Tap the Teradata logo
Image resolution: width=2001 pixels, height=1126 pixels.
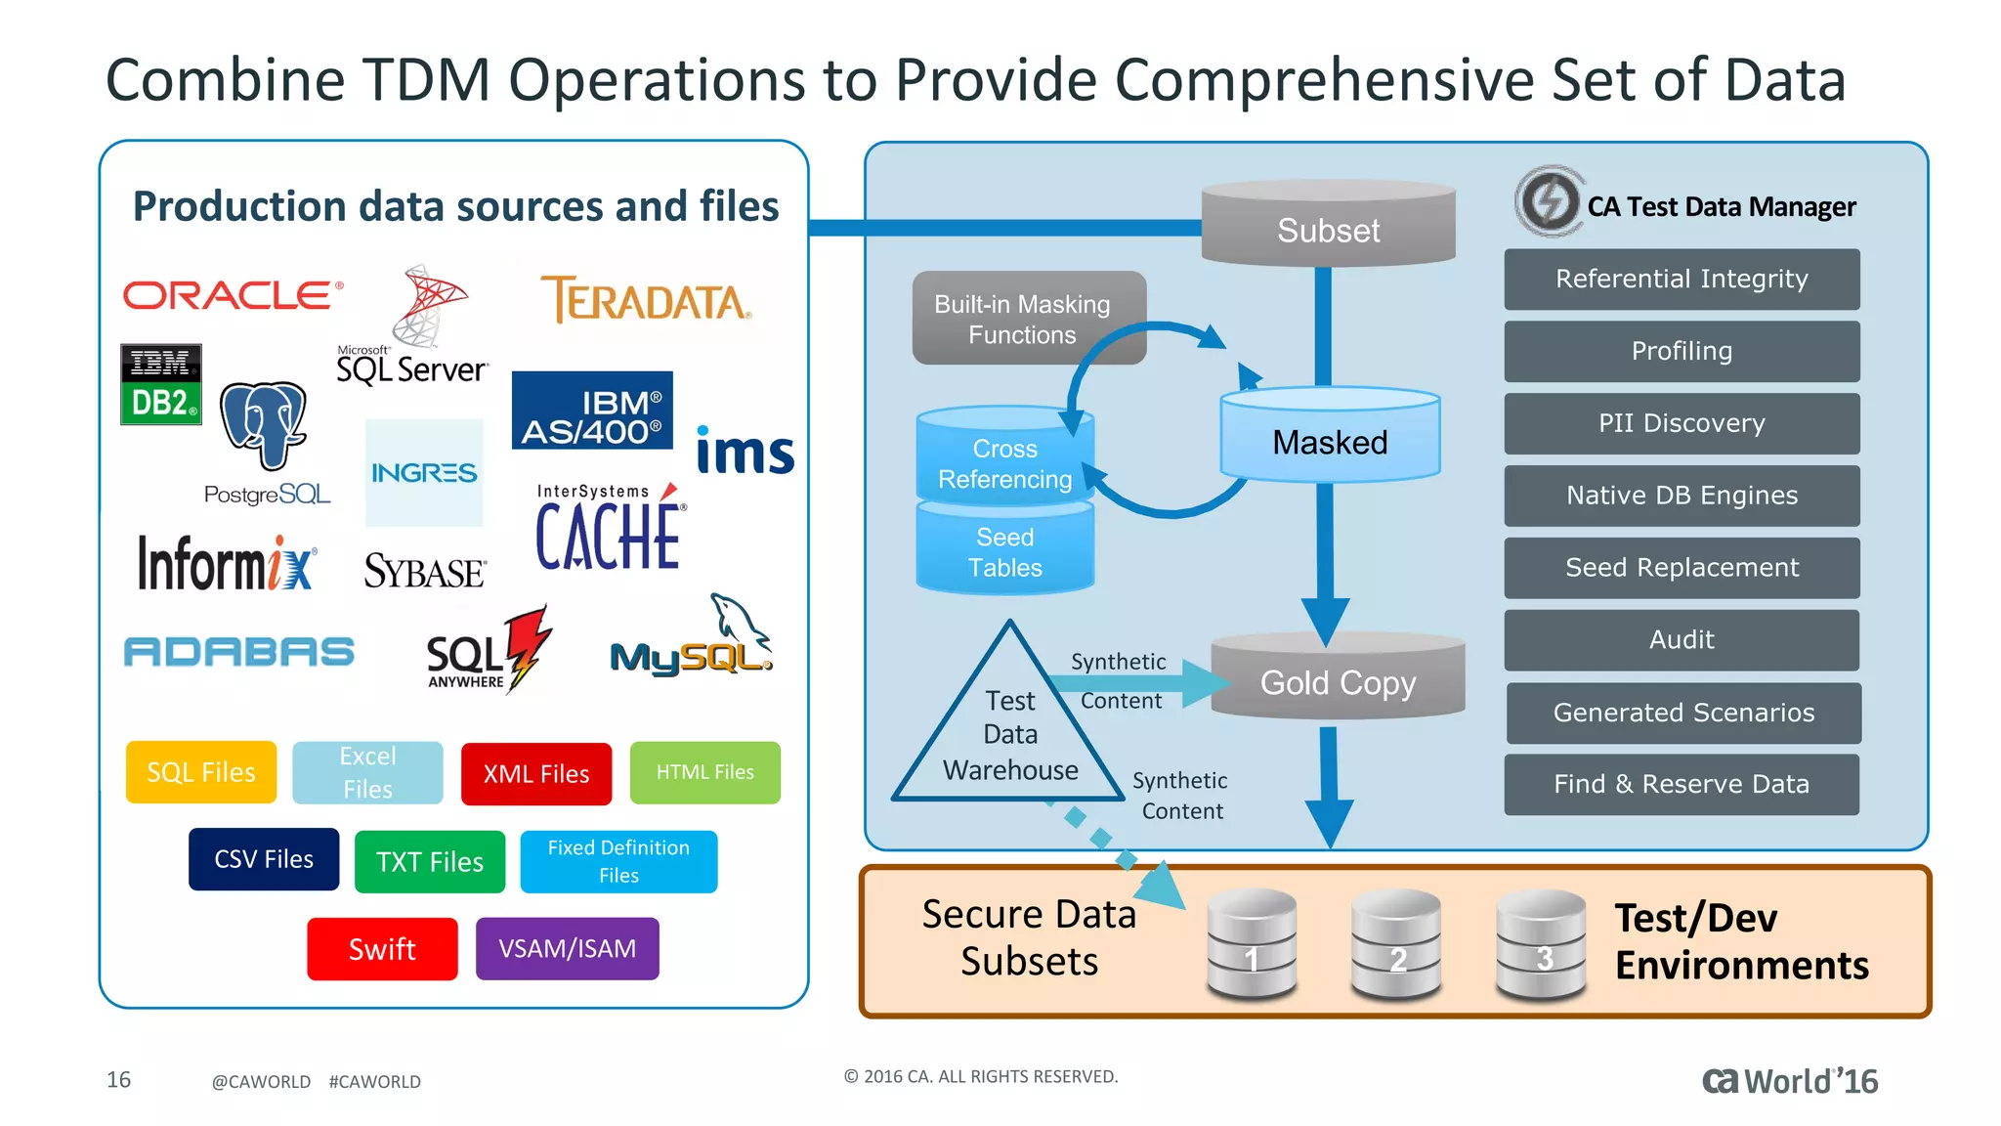click(x=646, y=299)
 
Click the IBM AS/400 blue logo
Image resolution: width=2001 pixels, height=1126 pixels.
click(x=592, y=411)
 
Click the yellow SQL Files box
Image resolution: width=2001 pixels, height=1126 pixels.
click(x=201, y=772)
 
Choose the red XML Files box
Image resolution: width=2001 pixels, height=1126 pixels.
click(x=536, y=774)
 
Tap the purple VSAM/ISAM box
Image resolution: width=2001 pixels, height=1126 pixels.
click(x=567, y=948)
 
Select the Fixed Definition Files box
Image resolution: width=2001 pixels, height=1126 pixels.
click(x=618, y=861)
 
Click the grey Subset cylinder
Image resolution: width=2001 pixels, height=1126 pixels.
click(x=1328, y=225)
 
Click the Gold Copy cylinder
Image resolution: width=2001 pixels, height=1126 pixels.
click(x=1338, y=678)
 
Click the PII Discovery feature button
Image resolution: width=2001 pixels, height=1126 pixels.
click(x=1682, y=423)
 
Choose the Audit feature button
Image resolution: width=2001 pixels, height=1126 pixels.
click(x=1682, y=640)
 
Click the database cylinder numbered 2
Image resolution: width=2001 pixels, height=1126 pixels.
click(x=1396, y=944)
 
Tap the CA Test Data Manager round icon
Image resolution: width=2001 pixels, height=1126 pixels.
click(x=1549, y=202)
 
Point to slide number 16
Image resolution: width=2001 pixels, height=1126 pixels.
click(x=118, y=1080)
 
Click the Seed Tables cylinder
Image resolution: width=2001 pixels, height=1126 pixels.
click(x=1004, y=550)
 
